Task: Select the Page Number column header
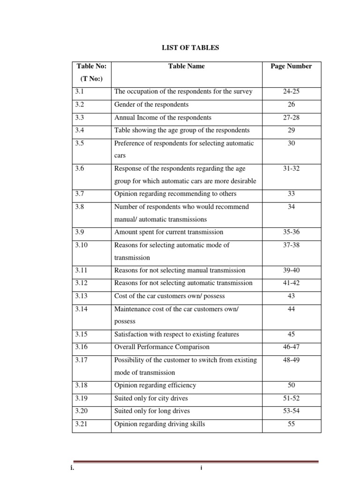291,66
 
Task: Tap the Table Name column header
186,66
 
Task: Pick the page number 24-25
291,91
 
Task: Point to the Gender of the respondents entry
151,104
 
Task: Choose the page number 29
291,130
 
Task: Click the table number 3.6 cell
79,168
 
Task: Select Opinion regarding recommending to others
175,194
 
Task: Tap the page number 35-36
291,232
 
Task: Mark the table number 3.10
80,245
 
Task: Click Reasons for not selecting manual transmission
180,270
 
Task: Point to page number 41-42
291,283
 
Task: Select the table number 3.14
80,308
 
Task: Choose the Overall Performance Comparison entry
162,347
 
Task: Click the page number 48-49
291,360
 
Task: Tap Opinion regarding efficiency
155,385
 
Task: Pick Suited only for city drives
151,398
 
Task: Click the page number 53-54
291,411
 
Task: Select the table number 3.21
80,424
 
